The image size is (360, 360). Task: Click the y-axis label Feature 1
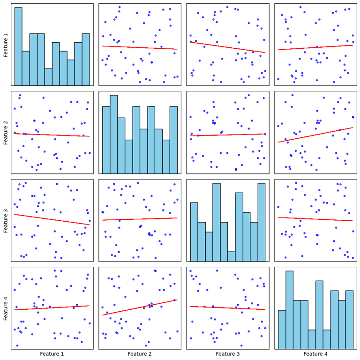[6, 45]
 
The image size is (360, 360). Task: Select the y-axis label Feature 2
[6, 132]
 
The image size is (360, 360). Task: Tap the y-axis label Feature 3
[6, 220]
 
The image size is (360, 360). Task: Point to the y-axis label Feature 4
[6, 308]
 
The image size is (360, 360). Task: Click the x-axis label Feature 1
[52, 354]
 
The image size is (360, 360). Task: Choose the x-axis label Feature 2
[140, 354]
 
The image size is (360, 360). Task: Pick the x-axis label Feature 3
[227, 354]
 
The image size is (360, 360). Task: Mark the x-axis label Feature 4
[315, 354]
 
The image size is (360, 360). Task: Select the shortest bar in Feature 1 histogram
[48, 77]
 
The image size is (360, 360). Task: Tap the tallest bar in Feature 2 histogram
[113, 134]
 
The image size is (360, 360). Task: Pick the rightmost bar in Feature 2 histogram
[173, 140]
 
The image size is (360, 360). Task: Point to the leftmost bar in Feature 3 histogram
[194, 232]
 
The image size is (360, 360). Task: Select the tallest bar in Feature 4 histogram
[289, 310]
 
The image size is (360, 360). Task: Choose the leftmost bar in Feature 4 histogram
[282, 329]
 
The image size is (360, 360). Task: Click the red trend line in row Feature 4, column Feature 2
[140, 307]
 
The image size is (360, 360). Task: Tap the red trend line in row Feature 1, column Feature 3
[227, 47]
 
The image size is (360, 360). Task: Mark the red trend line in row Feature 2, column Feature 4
[315, 135]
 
